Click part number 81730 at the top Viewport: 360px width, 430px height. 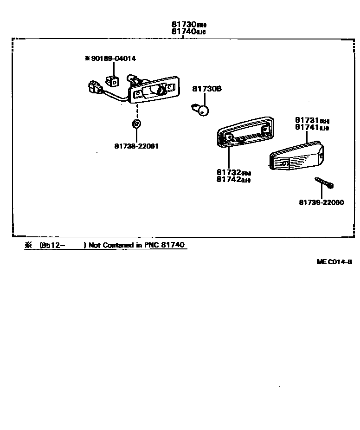[x=183, y=25]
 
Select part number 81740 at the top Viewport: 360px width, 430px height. [x=183, y=32]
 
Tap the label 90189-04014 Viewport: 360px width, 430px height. [x=113, y=59]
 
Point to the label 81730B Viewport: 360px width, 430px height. [x=207, y=88]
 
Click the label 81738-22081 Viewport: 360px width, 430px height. [x=136, y=146]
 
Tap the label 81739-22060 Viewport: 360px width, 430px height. [x=321, y=202]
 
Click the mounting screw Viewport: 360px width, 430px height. [x=324, y=182]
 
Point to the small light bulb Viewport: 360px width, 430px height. [x=201, y=110]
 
